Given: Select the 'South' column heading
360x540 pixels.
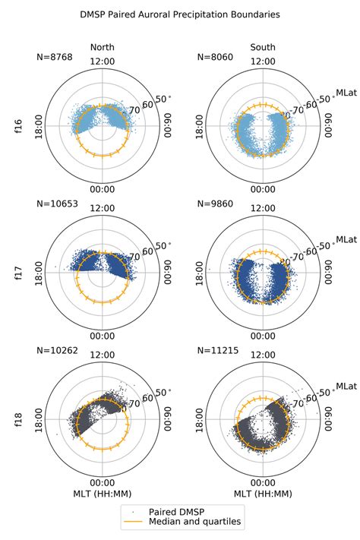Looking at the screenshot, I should pos(264,48).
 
